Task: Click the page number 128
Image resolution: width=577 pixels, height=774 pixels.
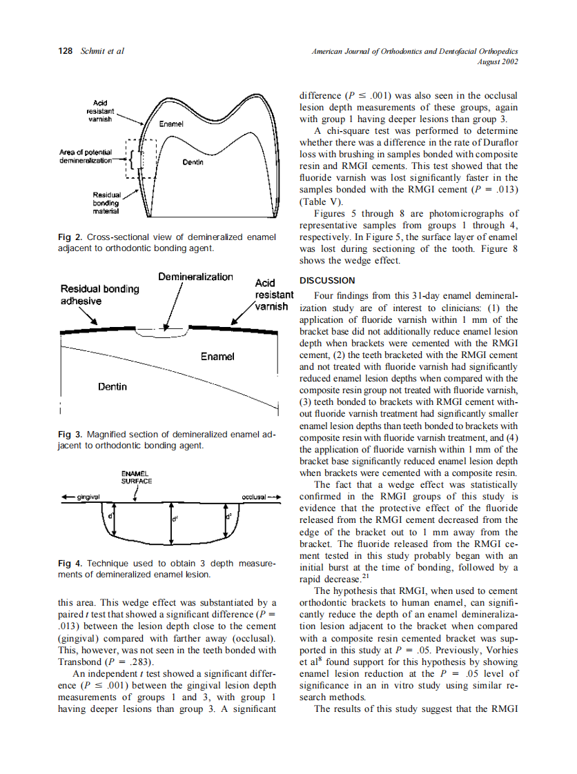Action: pyautogui.click(x=67, y=51)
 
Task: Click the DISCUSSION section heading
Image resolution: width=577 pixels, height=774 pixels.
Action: pyautogui.click(x=326, y=281)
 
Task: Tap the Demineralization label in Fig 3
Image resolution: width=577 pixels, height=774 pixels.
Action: pyautogui.click(x=195, y=277)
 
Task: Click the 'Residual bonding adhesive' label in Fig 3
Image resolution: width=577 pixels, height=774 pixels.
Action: pyautogui.click(x=100, y=295)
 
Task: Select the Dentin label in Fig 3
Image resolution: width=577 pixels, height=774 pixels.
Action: pyautogui.click(x=112, y=386)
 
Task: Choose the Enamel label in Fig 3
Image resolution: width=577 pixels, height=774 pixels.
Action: pyautogui.click(x=217, y=356)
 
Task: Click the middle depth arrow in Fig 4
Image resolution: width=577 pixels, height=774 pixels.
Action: pyautogui.click(x=172, y=522)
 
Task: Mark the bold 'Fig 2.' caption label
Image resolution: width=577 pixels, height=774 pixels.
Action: pyautogui.click(x=70, y=237)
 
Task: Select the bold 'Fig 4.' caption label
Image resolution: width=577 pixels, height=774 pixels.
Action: pyautogui.click(x=70, y=564)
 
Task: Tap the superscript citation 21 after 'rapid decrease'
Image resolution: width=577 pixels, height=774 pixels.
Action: pyautogui.click(x=357, y=577)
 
